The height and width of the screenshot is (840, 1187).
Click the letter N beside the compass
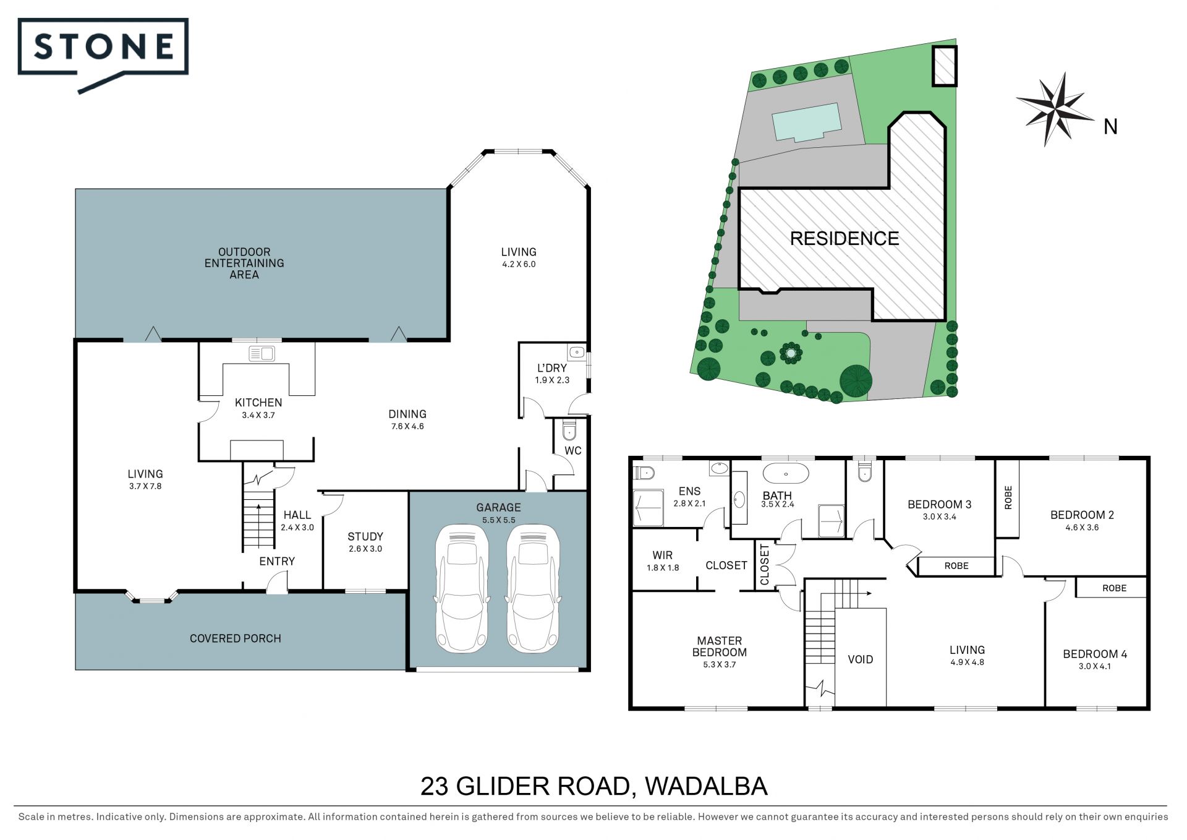coord(1111,127)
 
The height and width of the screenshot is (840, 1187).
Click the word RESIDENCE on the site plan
coord(845,238)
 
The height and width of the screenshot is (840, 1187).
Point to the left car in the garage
coord(462,588)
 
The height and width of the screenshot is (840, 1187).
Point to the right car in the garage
coord(534,588)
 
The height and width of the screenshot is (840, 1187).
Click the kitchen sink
coord(262,354)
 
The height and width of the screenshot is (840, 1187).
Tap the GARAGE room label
coord(498,507)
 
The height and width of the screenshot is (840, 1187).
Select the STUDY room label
coord(365,536)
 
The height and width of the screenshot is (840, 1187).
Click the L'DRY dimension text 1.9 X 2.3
coord(552,380)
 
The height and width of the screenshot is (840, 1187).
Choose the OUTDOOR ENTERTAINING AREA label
coord(244,263)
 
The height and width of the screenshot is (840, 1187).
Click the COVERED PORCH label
coord(235,638)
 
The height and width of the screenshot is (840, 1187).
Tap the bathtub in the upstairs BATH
coord(785,474)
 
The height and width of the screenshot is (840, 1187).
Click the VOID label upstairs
coord(860,659)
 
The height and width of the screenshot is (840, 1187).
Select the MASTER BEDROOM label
coord(719,646)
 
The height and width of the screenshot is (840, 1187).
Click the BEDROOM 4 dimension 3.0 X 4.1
coord(1095,666)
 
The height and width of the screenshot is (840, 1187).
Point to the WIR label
coord(662,555)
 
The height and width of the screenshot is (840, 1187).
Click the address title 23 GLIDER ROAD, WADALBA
coord(593,786)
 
